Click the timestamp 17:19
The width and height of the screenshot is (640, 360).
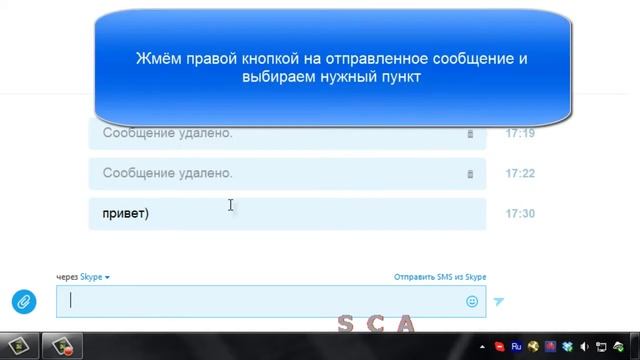tap(520, 133)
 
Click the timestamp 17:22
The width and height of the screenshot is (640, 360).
tap(520, 173)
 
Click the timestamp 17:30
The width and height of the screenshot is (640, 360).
tap(520, 213)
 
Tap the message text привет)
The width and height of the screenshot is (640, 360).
tap(125, 213)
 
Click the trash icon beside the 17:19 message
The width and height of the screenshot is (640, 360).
tap(470, 134)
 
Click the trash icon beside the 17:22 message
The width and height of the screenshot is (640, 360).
tap(470, 174)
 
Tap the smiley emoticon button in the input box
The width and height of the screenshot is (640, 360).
tap(472, 301)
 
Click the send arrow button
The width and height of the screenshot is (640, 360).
tap(499, 301)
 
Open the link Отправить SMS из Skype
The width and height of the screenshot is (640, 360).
tap(440, 277)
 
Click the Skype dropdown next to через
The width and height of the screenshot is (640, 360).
tap(96, 277)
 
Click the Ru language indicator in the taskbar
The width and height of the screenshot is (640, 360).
tap(516, 347)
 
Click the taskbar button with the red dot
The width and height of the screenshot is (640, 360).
tap(63, 347)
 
